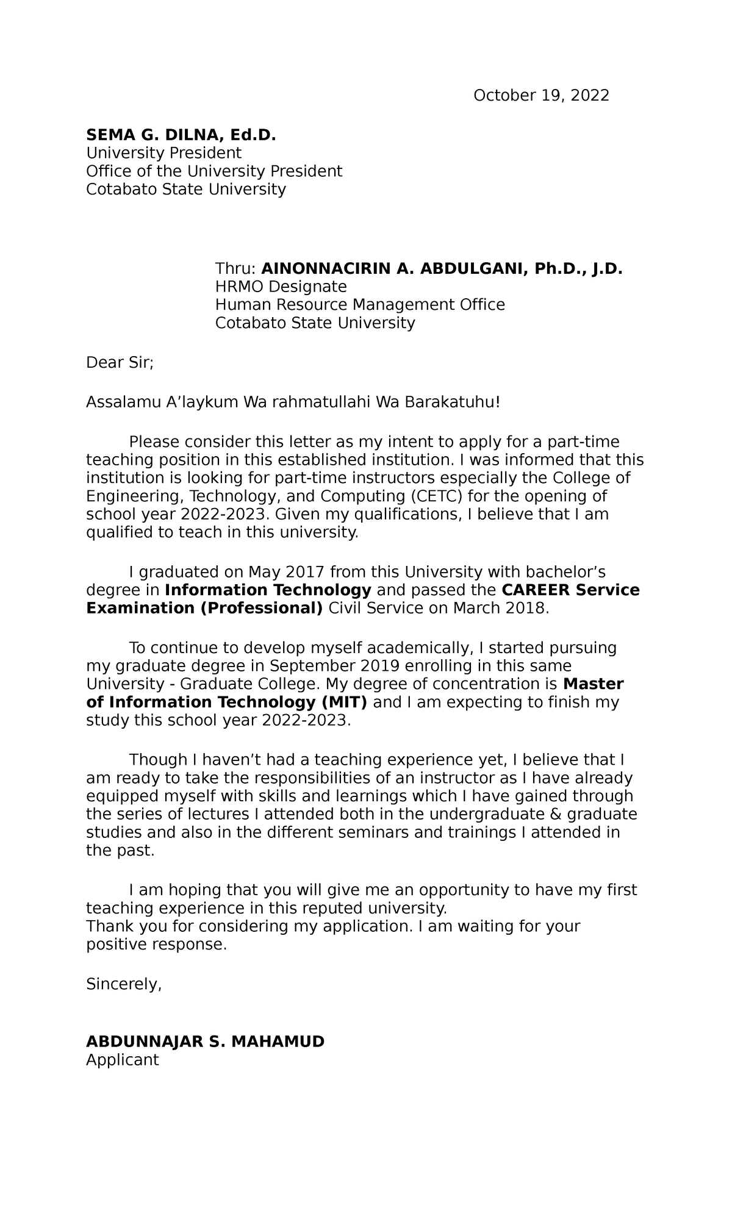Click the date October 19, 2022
point(541,96)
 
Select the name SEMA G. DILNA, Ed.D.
point(181,135)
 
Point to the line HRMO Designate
point(281,287)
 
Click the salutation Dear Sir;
point(120,363)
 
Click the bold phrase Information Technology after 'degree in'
point(268,590)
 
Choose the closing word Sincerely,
point(124,984)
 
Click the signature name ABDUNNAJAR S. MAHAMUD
point(205,1042)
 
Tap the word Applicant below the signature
point(122,1060)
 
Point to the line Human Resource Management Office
point(360,305)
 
